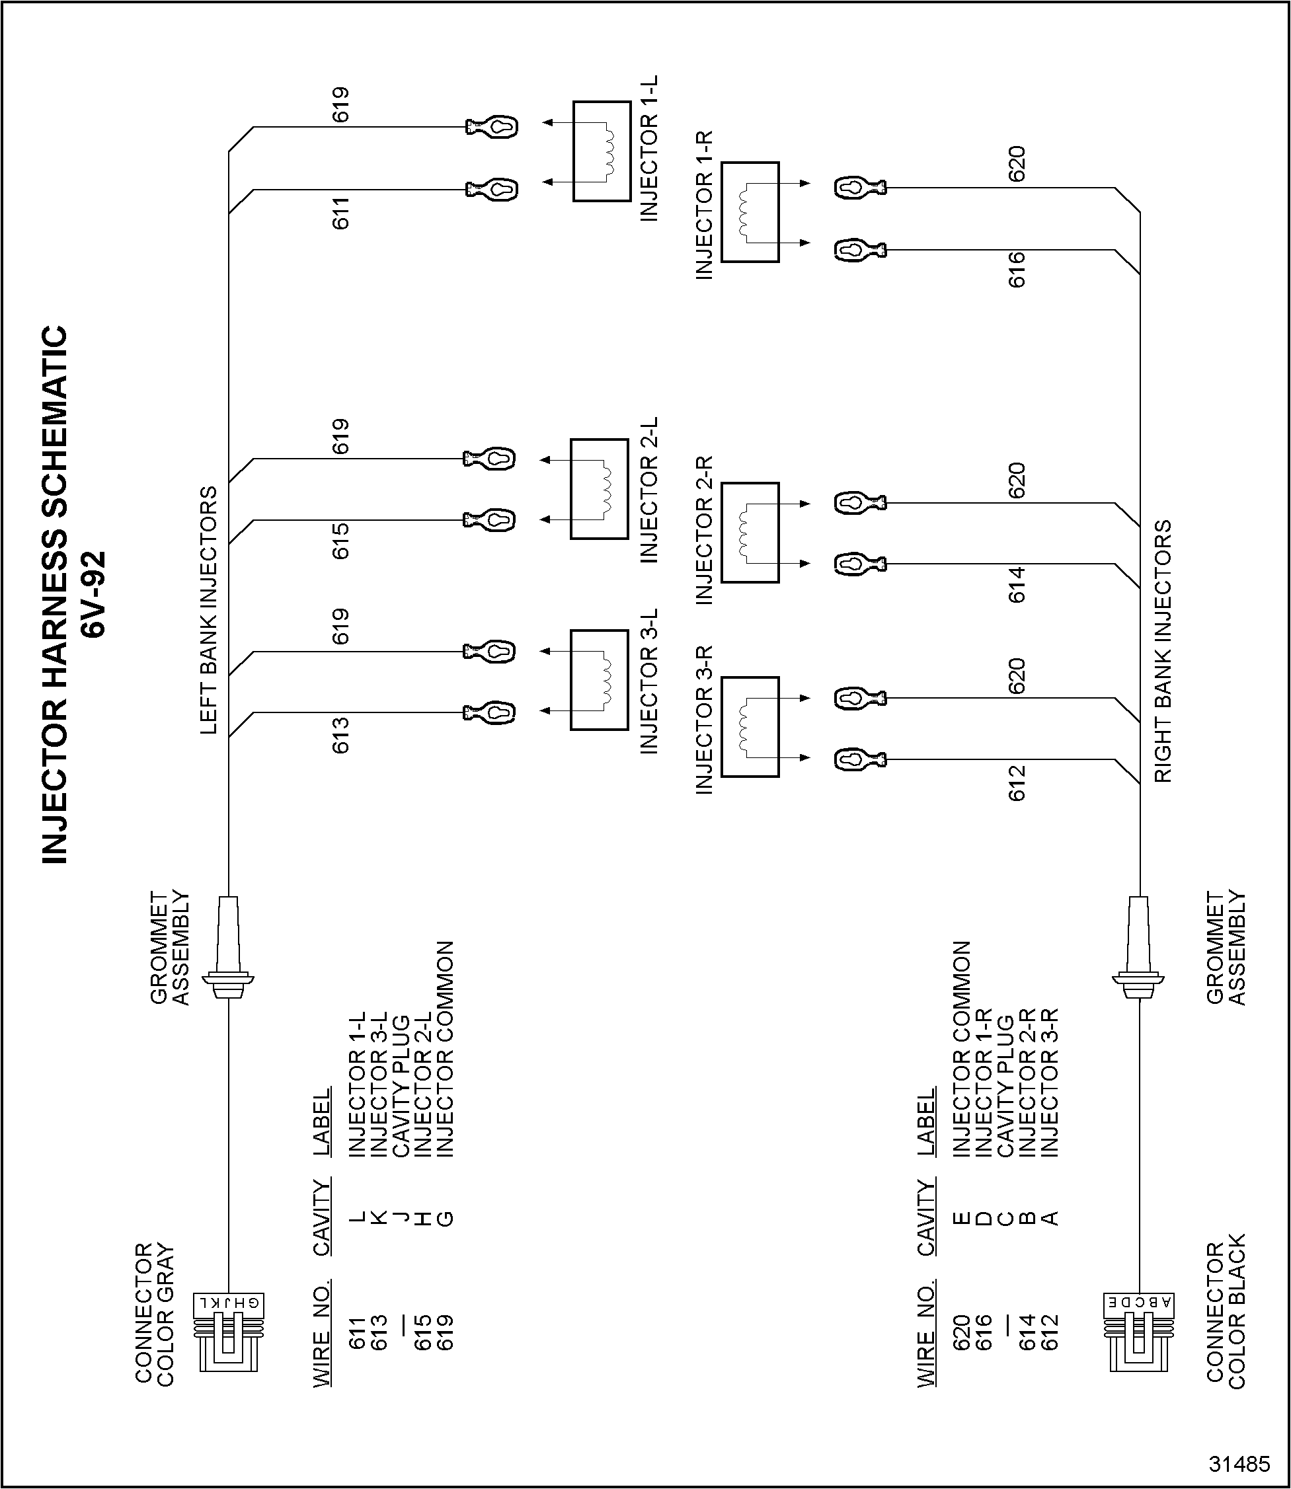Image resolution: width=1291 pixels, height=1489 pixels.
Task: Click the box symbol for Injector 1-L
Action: pos(602,151)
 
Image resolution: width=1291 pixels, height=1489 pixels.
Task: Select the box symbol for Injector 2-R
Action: pos(750,532)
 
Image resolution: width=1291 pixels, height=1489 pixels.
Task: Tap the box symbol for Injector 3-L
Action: pos(600,680)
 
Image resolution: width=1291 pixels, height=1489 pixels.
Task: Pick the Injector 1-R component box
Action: pos(750,211)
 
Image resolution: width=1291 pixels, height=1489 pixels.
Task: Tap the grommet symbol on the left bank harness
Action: pos(228,947)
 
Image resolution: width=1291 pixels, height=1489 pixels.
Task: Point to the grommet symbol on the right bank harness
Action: pos(1139,947)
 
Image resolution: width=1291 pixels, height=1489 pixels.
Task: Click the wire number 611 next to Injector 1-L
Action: pos(340,213)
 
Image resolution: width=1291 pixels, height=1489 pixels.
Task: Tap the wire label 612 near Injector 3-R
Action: pos(1017,784)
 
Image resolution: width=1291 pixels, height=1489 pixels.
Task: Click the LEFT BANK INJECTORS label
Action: pos(208,610)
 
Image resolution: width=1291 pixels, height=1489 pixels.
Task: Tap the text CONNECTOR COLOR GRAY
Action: pos(155,1313)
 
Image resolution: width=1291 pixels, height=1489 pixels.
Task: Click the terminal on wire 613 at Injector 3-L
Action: pos(490,712)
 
